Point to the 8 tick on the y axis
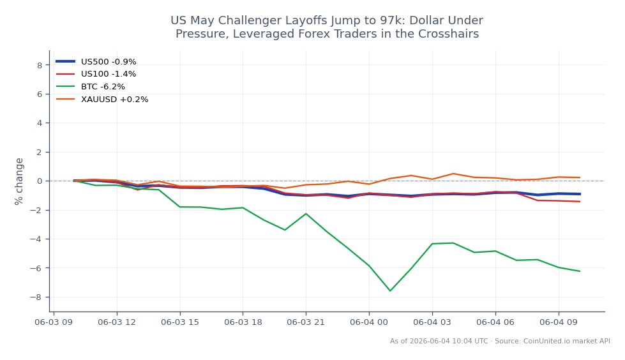click(x=40, y=65)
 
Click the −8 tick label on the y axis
click(x=36, y=297)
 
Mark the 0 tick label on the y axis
click(x=40, y=181)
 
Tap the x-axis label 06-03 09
click(x=54, y=322)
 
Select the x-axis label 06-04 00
click(x=369, y=322)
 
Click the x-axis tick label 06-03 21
click(x=306, y=322)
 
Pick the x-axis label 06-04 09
click(x=559, y=322)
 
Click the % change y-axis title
click(x=19, y=181)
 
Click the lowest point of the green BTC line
click(x=390, y=290)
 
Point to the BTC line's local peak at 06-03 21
click(x=306, y=214)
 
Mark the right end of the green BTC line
click(x=580, y=271)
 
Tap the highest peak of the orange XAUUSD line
click(x=453, y=174)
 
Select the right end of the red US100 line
click(x=580, y=201)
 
